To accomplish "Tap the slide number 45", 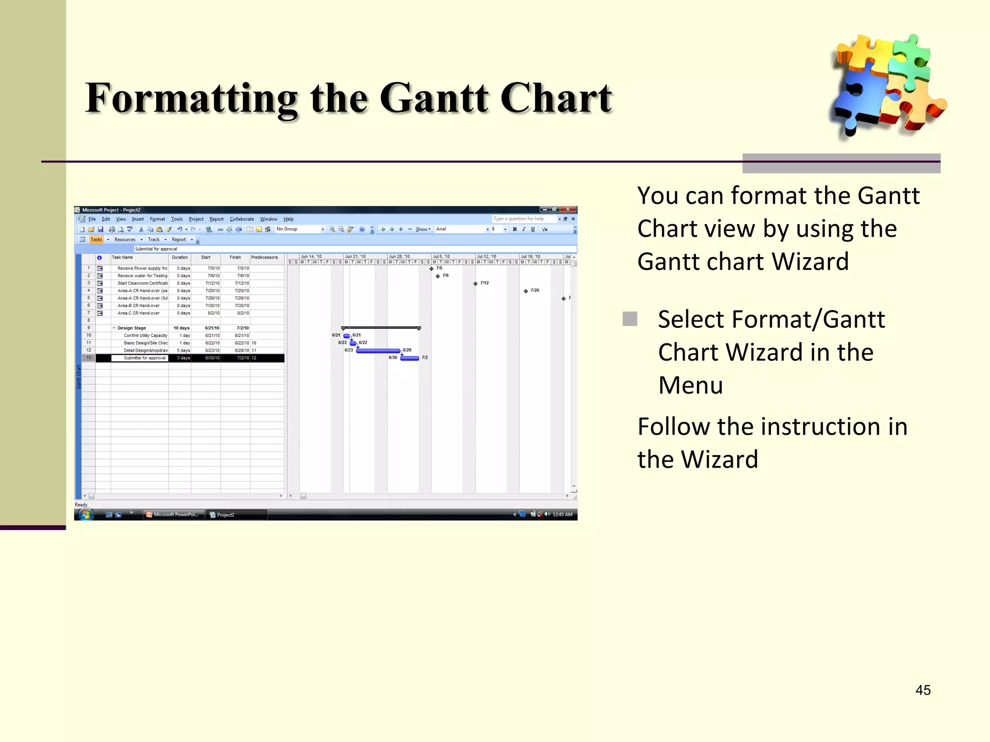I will click(x=923, y=690).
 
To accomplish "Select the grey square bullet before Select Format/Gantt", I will click(x=630, y=319).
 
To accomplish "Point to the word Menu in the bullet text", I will click(x=690, y=385).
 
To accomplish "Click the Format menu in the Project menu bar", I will click(x=157, y=219).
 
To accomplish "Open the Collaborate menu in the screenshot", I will click(x=242, y=219).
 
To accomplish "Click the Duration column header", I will click(x=180, y=257).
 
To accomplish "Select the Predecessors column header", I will click(x=264, y=257).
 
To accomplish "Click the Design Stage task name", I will click(x=131, y=328).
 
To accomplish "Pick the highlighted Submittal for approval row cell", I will click(x=145, y=358).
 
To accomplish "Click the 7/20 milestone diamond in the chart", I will click(x=526, y=291).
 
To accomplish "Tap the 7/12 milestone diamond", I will click(x=476, y=284).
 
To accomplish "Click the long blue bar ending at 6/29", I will click(x=378, y=351).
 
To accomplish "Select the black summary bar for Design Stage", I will click(x=381, y=328).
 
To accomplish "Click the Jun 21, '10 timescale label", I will click(x=355, y=257).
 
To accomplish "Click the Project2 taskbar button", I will click(x=236, y=515).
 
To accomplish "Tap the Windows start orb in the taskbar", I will click(x=86, y=514).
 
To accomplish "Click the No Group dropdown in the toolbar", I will click(x=300, y=229).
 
